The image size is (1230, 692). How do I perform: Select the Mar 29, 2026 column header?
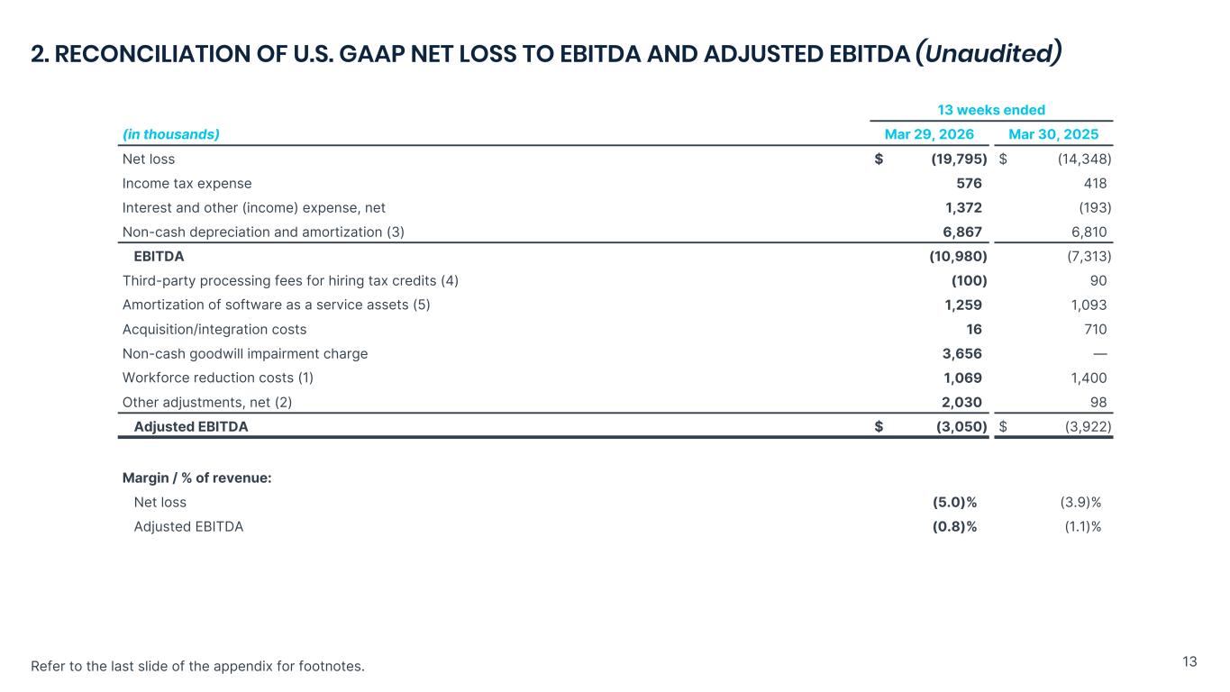pyautogui.click(x=929, y=134)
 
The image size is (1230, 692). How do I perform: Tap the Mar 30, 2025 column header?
pyautogui.click(x=1053, y=134)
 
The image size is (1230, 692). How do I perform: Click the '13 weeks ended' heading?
pyautogui.click(x=991, y=110)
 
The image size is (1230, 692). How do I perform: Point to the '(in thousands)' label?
pyautogui.click(x=171, y=134)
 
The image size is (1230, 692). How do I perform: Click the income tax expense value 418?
pyautogui.click(x=1095, y=184)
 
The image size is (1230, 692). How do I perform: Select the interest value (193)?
pyautogui.click(x=1095, y=207)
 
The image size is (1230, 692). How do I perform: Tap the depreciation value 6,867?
pyautogui.click(x=962, y=232)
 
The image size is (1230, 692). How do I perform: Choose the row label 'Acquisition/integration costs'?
pyautogui.click(x=214, y=330)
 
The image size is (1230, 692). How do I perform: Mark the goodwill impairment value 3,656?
pyautogui.click(x=962, y=354)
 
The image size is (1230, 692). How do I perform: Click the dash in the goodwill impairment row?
pyautogui.click(x=1100, y=354)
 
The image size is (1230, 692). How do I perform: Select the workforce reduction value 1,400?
pyautogui.click(x=1089, y=378)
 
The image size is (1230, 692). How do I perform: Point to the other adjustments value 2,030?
pyautogui.click(x=961, y=403)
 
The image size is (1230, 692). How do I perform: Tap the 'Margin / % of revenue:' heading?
pyautogui.click(x=196, y=478)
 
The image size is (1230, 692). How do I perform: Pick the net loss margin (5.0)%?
pyautogui.click(x=954, y=503)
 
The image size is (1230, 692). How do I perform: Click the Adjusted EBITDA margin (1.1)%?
pyautogui.click(x=1083, y=527)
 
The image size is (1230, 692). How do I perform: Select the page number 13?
pyautogui.click(x=1189, y=661)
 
